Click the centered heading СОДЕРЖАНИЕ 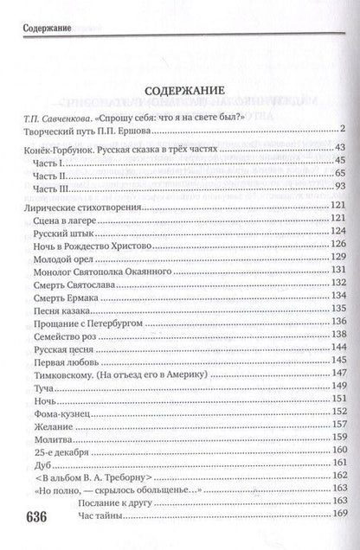[x=180, y=89]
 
